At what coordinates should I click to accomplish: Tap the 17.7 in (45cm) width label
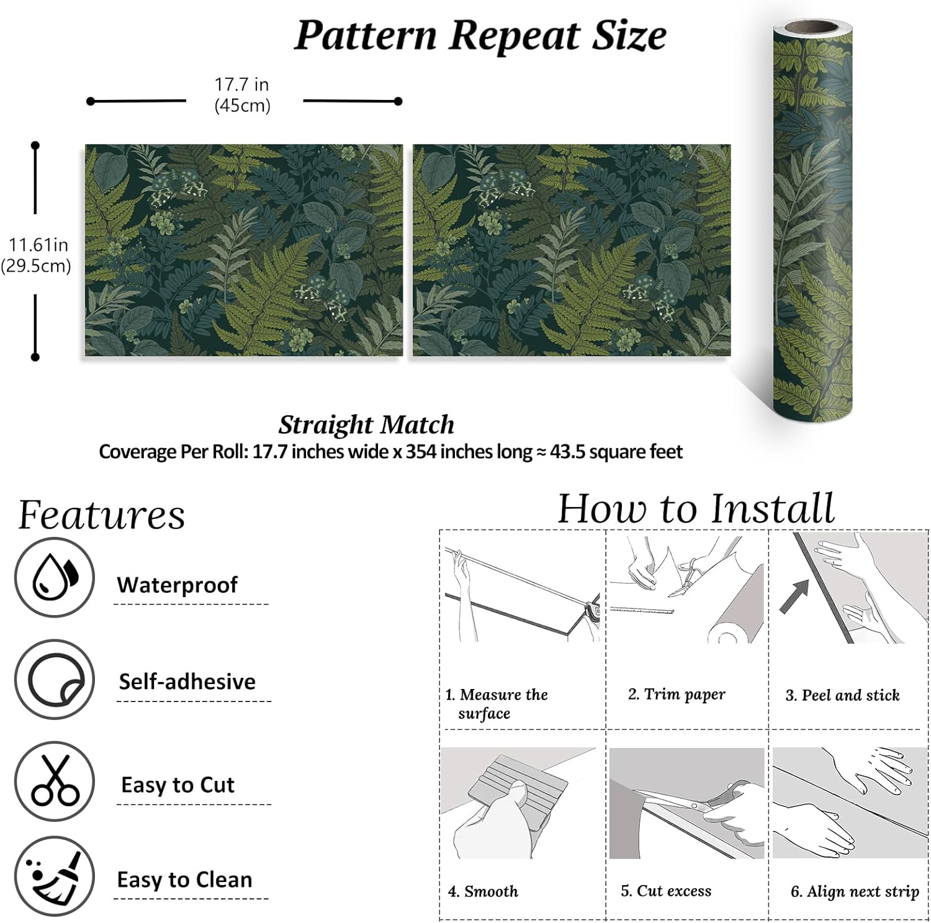[x=242, y=94]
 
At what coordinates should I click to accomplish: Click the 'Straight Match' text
[x=366, y=425]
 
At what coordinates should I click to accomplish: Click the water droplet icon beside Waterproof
[x=55, y=577]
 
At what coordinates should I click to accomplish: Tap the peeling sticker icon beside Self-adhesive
[x=55, y=680]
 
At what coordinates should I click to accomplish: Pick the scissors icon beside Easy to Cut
[x=55, y=781]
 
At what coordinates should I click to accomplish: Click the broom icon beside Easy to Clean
[x=55, y=876]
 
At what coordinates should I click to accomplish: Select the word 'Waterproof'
[x=177, y=585]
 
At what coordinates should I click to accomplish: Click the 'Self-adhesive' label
[x=187, y=682]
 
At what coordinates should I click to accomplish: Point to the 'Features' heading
[x=102, y=515]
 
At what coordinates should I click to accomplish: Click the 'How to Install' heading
[x=696, y=509]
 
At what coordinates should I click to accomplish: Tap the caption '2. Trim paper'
[x=677, y=694]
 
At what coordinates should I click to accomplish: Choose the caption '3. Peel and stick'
[x=842, y=695]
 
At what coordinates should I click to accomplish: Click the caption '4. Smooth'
[x=483, y=891]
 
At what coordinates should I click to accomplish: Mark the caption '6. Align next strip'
[x=855, y=892]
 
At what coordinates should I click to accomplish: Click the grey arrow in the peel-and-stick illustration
[x=795, y=596]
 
